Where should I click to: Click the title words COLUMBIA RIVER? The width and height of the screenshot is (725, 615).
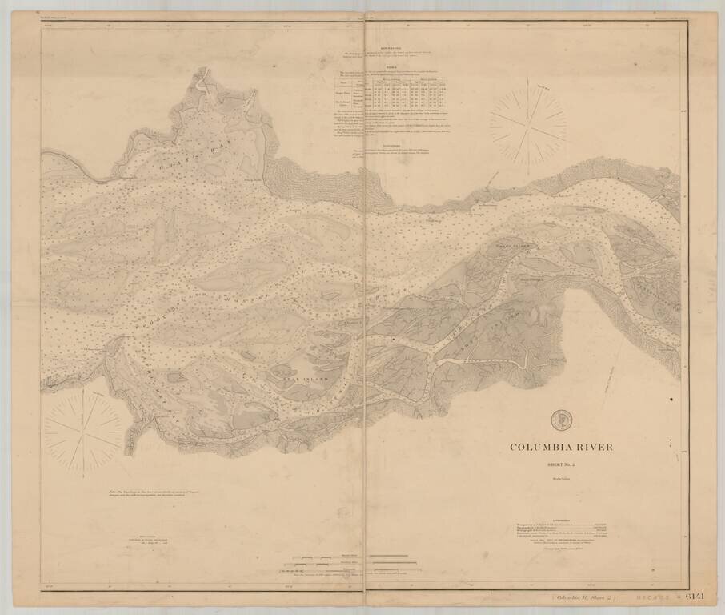point(561,447)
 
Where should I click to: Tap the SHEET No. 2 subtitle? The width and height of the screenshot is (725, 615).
point(561,462)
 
